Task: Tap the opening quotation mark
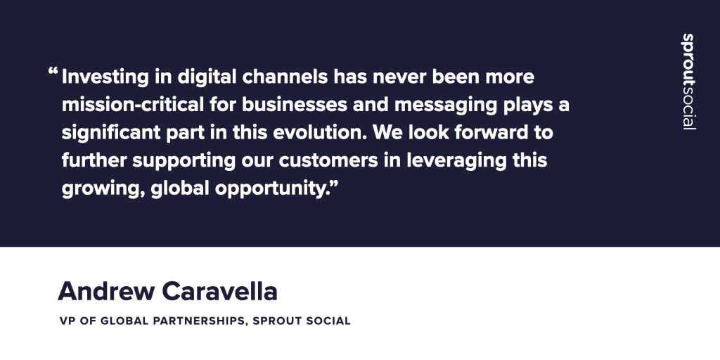(x=53, y=72)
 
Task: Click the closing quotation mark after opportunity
(x=334, y=184)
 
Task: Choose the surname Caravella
(x=220, y=290)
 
